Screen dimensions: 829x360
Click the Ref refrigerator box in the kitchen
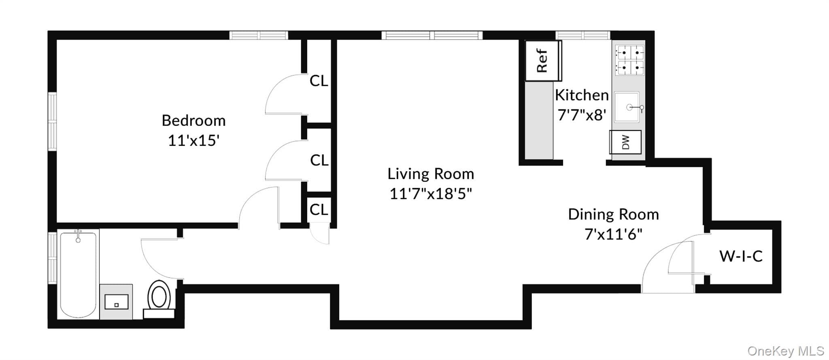[x=543, y=61]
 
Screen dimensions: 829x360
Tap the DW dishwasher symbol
[x=625, y=142]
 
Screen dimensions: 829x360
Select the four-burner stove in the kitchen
[x=629, y=60]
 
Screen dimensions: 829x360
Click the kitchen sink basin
[x=627, y=107]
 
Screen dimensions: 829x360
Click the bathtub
[x=79, y=274]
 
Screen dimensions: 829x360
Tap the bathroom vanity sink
[x=116, y=302]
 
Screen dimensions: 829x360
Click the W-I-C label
[x=741, y=256]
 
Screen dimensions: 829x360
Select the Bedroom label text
[x=193, y=120]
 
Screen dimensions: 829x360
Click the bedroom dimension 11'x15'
[x=193, y=141]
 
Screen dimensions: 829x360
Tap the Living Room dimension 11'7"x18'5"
[x=431, y=194]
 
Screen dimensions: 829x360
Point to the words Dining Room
[x=613, y=214]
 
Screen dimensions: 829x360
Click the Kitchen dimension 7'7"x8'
[x=582, y=115]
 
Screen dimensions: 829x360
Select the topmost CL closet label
[x=319, y=81]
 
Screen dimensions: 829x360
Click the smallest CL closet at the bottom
[x=319, y=210]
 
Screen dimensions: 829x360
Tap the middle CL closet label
[x=319, y=160]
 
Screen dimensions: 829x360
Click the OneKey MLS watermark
[x=786, y=351]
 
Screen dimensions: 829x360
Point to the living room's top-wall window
[x=432, y=35]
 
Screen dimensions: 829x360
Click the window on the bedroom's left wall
[x=52, y=121]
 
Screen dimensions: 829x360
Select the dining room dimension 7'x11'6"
[x=613, y=234]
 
